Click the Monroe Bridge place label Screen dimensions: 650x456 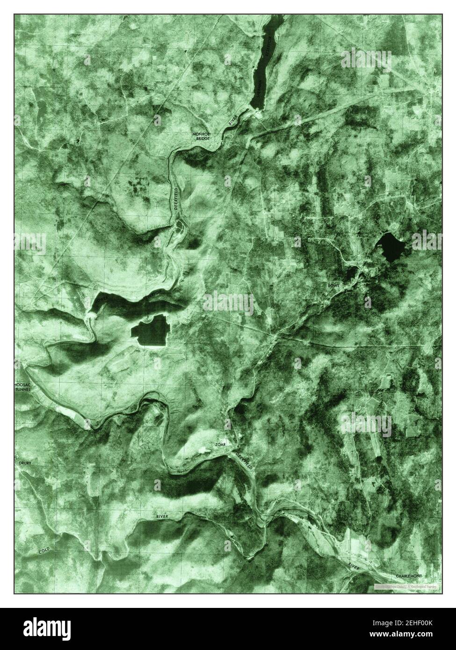click(202, 137)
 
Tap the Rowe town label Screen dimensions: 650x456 click(333, 285)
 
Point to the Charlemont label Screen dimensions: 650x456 click(408, 576)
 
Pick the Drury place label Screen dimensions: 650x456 click(25, 463)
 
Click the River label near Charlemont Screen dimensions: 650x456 click(354, 566)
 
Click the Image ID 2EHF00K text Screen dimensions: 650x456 click(412, 624)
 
